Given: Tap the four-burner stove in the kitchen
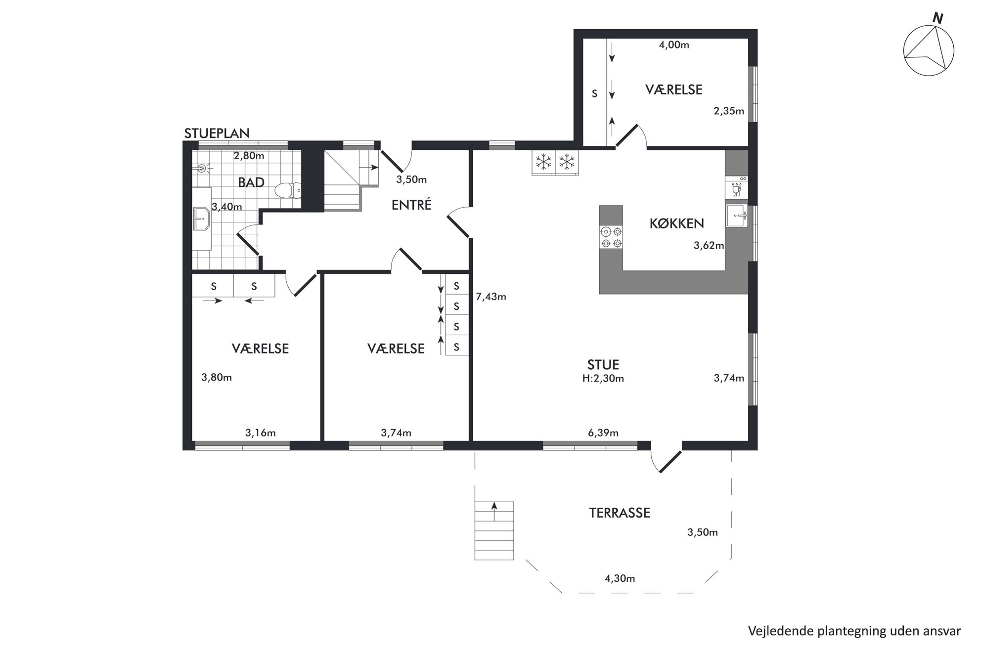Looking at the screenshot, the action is [x=611, y=237].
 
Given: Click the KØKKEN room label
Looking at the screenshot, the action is [x=676, y=223].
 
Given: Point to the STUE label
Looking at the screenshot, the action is [x=603, y=365].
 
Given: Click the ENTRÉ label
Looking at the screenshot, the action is [x=411, y=204].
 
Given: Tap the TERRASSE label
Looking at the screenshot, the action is [x=619, y=513].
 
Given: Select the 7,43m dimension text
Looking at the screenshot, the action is [x=490, y=297].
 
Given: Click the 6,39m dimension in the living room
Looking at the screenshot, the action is [x=603, y=433].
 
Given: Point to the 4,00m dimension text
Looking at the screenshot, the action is [x=674, y=45].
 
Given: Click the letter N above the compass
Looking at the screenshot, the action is [x=937, y=19].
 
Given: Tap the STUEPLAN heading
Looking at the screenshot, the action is [x=217, y=133].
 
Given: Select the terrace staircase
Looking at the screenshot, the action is [x=494, y=530].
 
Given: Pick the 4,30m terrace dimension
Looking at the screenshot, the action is [x=620, y=578].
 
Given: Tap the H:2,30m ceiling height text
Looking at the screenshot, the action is [x=603, y=379].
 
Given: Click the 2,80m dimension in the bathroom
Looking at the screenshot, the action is [x=249, y=156].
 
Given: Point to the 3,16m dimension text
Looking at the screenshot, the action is [x=260, y=433].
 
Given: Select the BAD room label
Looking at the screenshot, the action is [x=251, y=182].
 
